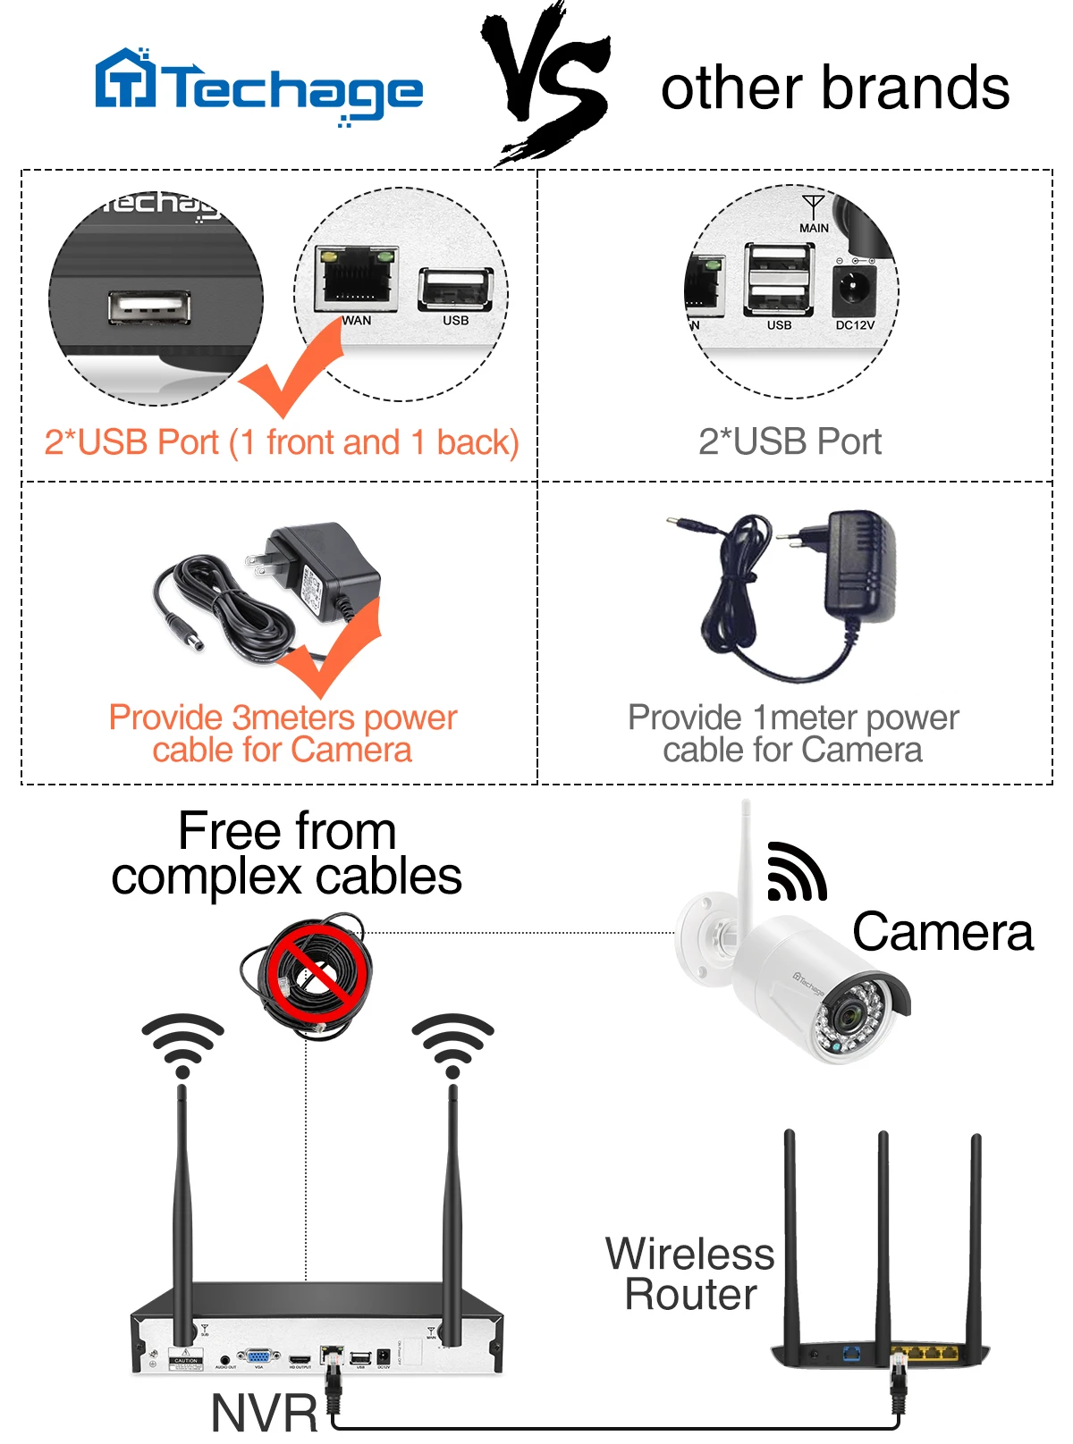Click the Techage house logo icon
(x=125, y=78)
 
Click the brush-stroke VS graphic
(x=547, y=85)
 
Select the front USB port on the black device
(x=149, y=307)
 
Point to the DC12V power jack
(x=854, y=289)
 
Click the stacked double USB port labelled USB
(x=779, y=279)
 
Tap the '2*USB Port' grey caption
(x=790, y=441)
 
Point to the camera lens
(x=844, y=1015)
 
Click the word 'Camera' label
(x=942, y=932)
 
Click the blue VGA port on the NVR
(x=258, y=1357)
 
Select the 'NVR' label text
(x=265, y=1414)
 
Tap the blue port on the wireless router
(x=852, y=1353)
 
